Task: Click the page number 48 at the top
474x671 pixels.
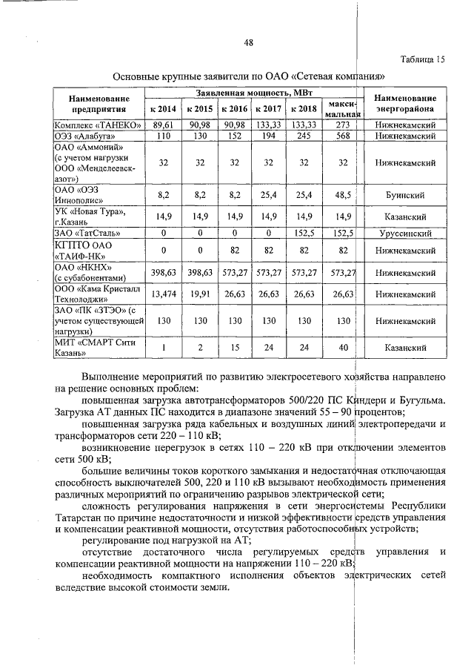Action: click(x=249, y=42)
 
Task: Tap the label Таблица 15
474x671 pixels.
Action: click(x=424, y=59)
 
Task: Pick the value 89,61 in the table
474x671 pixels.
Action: click(x=162, y=125)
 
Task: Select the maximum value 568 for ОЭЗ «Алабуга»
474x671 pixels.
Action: click(x=342, y=136)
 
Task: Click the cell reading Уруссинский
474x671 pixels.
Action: click(x=404, y=233)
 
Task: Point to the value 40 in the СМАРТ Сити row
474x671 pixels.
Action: click(x=342, y=347)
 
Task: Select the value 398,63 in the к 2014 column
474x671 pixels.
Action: click(x=162, y=272)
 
